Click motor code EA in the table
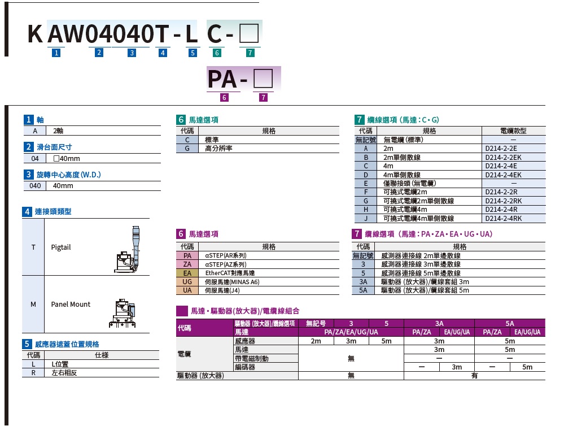[x=187, y=273]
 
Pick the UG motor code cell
[x=187, y=281]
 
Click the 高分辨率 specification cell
[x=218, y=148]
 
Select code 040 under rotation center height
[x=34, y=185]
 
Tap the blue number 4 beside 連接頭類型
[x=27, y=212]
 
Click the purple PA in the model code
[x=222, y=79]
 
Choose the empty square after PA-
[x=263, y=78]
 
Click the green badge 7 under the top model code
[x=250, y=53]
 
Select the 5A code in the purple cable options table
[x=363, y=290]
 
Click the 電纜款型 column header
[x=513, y=131]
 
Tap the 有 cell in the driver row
[x=474, y=376]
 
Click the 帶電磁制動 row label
[x=252, y=358]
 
